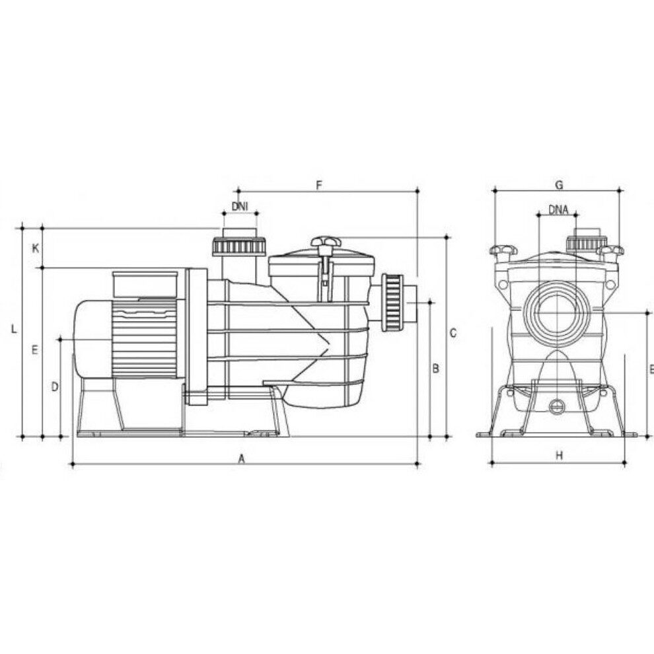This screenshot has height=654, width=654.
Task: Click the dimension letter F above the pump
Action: click(x=320, y=185)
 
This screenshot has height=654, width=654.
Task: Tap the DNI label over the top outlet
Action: click(x=239, y=206)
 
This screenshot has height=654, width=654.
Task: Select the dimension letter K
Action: click(x=36, y=248)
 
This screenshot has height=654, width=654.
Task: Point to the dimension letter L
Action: click(x=14, y=329)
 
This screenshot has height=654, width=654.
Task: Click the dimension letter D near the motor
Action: click(x=55, y=387)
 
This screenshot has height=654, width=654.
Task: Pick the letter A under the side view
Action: click(x=241, y=459)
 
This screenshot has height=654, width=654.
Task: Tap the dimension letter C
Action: click(x=453, y=333)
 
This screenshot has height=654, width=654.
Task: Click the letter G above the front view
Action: click(x=560, y=185)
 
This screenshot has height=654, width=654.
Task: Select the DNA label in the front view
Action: click(x=558, y=210)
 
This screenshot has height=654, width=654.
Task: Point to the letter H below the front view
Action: click(x=560, y=455)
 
